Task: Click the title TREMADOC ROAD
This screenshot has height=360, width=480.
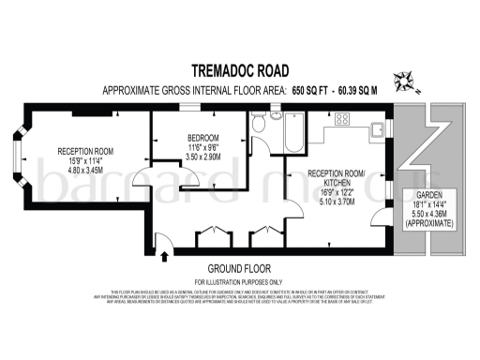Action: (x=240, y=70)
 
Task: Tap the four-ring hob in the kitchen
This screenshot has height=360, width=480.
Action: (x=341, y=118)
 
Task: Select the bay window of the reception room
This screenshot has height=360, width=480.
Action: (x=20, y=157)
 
